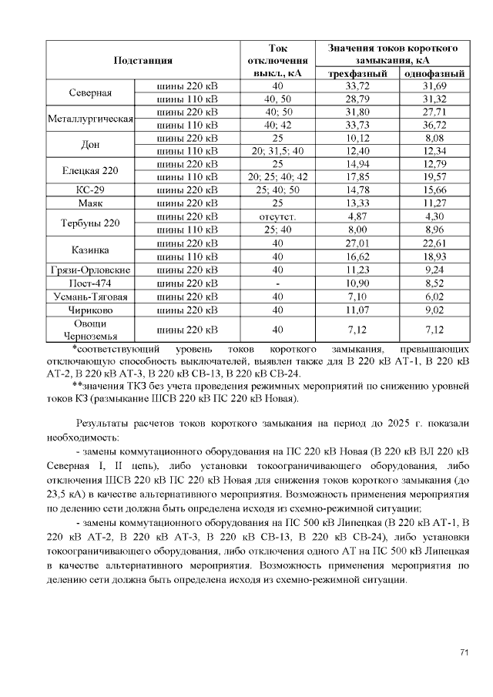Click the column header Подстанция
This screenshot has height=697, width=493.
tap(142, 60)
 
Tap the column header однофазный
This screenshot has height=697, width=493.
tap(434, 74)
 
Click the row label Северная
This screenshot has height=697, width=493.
tap(90, 93)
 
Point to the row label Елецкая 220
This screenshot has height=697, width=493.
tap(90, 169)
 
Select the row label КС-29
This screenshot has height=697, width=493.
tap(90, 189)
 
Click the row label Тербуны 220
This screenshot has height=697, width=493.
tap(90, 223)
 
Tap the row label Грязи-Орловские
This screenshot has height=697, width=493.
tap(90, 270)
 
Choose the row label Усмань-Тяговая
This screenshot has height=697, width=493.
tap(90, 297)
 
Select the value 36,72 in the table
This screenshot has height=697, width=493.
tap(434, 125)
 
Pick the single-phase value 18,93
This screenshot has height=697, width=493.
tap(434, 256)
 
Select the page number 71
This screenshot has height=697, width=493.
tap(464, 653)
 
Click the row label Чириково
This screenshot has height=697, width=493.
tap(90, 310)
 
